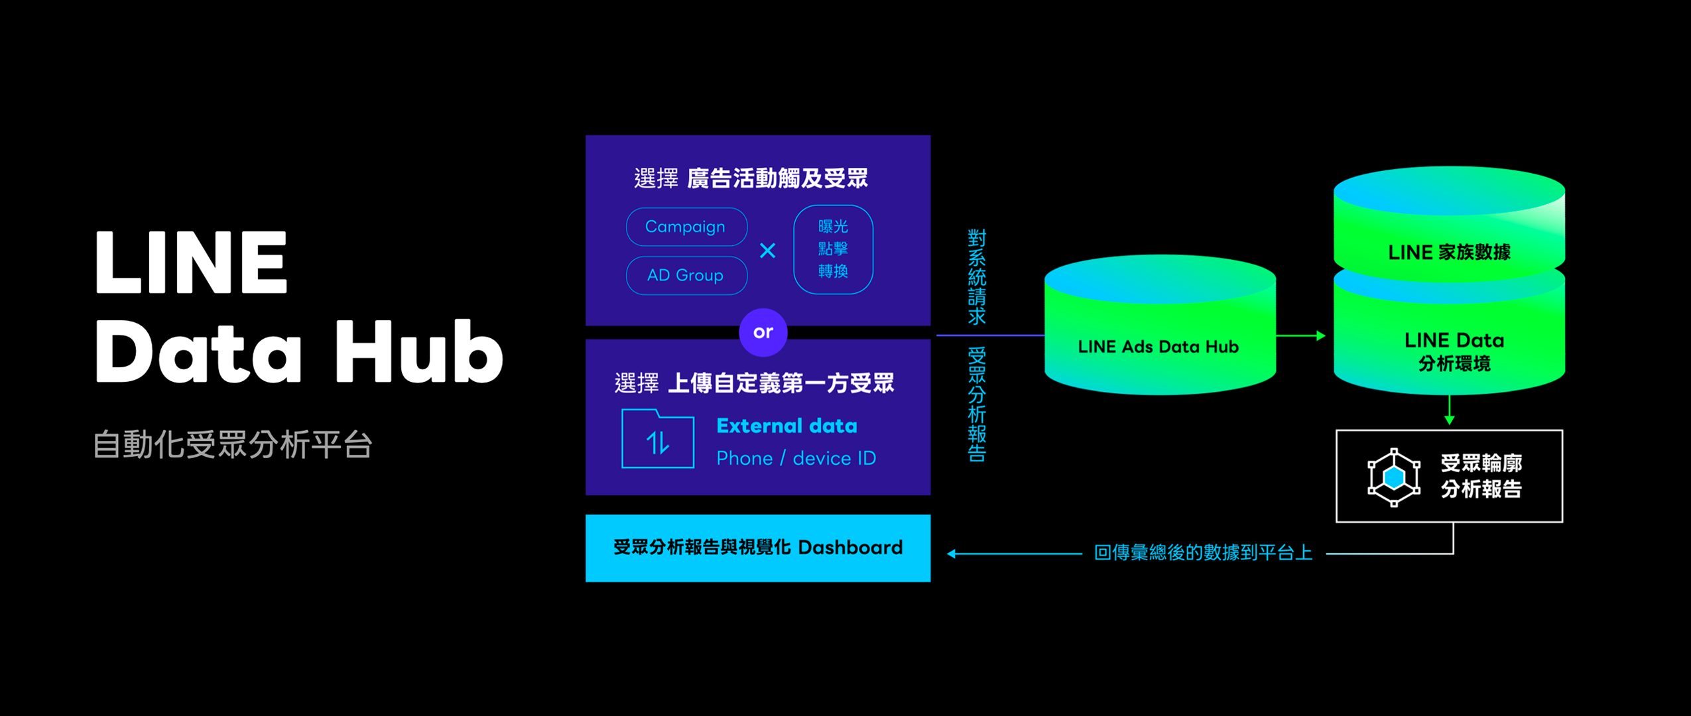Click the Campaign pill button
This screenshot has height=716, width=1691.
686,227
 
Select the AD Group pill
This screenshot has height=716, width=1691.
686,275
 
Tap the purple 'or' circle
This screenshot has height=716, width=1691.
763,332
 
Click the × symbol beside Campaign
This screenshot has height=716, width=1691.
767,251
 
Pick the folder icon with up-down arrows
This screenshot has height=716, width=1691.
658,440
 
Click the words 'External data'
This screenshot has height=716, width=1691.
786,426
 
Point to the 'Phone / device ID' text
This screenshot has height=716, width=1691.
796,458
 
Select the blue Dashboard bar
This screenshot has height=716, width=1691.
758,548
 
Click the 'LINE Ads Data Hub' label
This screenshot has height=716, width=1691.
1158,347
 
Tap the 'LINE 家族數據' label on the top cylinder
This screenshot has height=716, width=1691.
1449,253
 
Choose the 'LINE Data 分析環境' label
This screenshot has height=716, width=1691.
1454,351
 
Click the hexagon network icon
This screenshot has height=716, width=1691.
1394,477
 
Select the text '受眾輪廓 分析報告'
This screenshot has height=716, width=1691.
1481,476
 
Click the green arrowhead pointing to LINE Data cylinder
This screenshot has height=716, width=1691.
1320,336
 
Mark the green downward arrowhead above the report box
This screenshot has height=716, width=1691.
1449,420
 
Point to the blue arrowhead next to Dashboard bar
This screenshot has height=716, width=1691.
952,554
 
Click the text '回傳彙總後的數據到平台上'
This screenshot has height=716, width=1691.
1203,553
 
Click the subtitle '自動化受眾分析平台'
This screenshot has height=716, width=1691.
233,444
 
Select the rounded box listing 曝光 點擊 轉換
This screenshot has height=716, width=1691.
833,249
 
